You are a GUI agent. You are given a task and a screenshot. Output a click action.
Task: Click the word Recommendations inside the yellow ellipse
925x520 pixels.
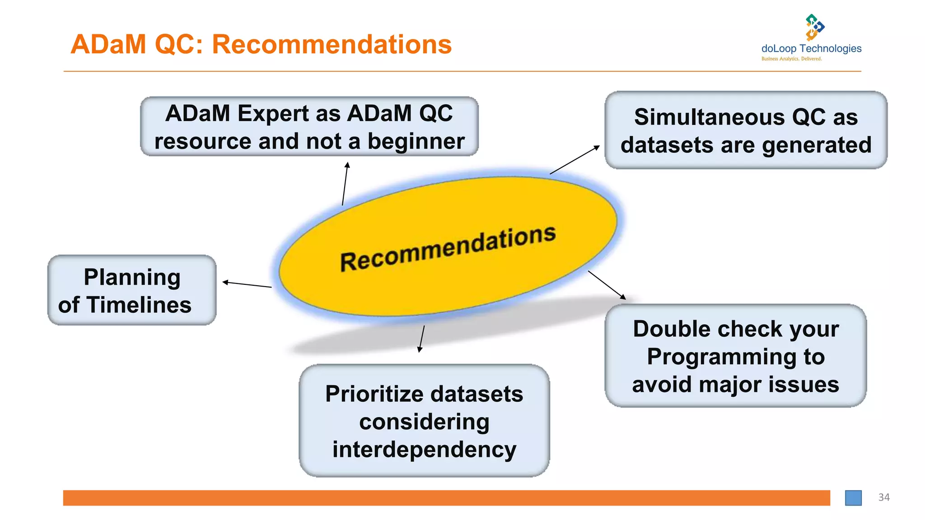pyautogui.click(x=447, y=248)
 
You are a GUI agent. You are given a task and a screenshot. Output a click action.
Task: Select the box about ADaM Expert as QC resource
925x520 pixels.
pyautogui.click(x=309, y=127)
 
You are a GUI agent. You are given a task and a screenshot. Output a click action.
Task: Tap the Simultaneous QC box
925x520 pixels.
pyautogui.click(x=746, y=130)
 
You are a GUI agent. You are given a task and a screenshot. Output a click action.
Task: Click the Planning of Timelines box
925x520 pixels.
pyautogui.click(x=132, y=290)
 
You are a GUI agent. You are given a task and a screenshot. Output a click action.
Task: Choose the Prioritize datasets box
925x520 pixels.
pyautogui.click(x=424, y=421)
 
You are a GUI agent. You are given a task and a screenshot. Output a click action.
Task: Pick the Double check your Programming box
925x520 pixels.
pyautogui.click(x=735, y=356)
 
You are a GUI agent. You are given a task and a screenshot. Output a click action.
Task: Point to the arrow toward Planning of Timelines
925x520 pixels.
pyautogui.click(x=247, y=284)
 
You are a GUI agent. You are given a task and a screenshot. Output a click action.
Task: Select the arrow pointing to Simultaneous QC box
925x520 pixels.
pyautogui.click(x=575, y=160)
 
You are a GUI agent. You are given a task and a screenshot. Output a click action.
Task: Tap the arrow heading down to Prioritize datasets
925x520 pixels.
pyautogui.click(x=422, y=339)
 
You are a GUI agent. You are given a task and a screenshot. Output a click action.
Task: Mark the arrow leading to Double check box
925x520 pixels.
pyautogui.click(x=607, y=285)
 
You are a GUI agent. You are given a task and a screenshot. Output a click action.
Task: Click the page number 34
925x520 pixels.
pyautogui.click(x=883, y=497)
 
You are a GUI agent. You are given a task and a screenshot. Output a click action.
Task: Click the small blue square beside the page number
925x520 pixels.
pyautogui.click(x=853, y=498)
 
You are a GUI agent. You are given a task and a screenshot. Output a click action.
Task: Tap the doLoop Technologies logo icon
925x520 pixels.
pyautogui.click(x=814, y=27)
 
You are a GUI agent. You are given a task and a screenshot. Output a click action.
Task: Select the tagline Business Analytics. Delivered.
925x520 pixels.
pyautogui.click(x=791, y=59)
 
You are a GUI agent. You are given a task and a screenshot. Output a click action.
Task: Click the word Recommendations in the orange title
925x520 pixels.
pyautogui.click(x=332, y=44)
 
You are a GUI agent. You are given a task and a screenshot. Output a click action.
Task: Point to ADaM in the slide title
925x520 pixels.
pyautogui.click(x=108, y=44)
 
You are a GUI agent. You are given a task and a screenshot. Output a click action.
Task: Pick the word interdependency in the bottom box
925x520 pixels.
pyautogui.click(x=424, y=450)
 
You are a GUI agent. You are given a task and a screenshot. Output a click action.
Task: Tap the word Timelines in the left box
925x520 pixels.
pyautogui.click(x=139, y=305)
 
